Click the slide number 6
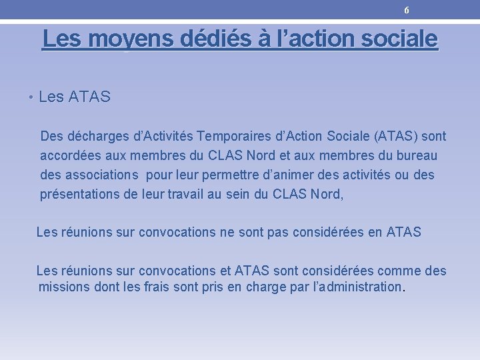coord(407,10)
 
